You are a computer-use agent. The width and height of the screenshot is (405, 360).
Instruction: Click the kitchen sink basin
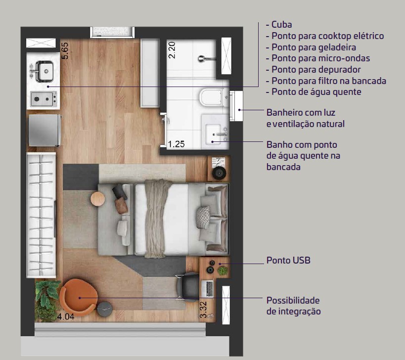coord(45,71)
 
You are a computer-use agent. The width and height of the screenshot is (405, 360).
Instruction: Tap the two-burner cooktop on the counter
coord(44,99)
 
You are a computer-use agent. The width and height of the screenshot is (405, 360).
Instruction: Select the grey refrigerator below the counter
coord(45,131)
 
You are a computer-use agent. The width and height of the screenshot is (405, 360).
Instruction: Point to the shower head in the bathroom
coord(206,59)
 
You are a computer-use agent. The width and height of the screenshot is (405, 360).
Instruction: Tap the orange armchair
coord(79,297)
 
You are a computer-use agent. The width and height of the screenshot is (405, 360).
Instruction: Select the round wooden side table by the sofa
coord(97,199)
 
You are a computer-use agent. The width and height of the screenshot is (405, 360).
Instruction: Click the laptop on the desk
coord(207,289)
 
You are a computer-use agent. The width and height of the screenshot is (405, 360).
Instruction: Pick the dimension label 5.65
coord(65,51)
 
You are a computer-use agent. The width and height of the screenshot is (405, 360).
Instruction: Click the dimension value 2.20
coord(172,50)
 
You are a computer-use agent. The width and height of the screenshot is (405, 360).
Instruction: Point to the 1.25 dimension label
coord(176,144)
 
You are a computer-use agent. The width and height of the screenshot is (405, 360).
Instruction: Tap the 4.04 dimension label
coord(66,316)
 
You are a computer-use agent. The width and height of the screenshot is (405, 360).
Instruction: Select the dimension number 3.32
coord(204,310)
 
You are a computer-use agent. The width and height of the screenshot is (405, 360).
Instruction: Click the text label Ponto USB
coord(288,260)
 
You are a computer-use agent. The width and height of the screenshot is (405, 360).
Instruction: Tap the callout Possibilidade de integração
coord(293,306)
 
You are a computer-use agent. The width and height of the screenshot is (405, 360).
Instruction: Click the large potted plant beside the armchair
coord(46,301)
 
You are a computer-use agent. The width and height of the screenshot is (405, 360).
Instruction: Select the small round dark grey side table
coord(105,309)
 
